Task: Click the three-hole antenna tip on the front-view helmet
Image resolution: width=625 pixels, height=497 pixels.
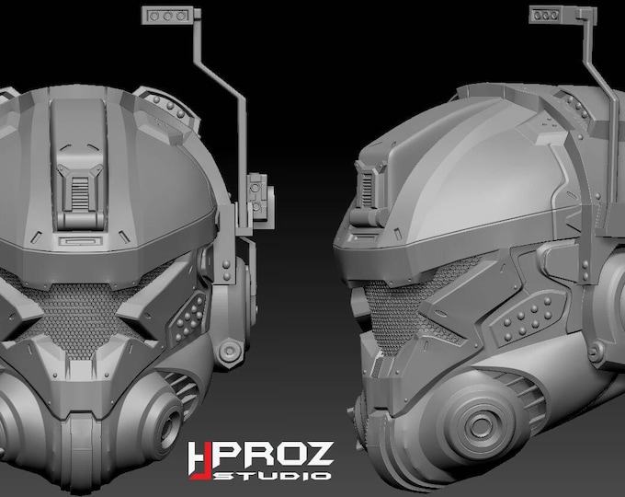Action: click(169, 16)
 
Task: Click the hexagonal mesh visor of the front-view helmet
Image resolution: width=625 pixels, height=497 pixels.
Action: click(85, 307)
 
